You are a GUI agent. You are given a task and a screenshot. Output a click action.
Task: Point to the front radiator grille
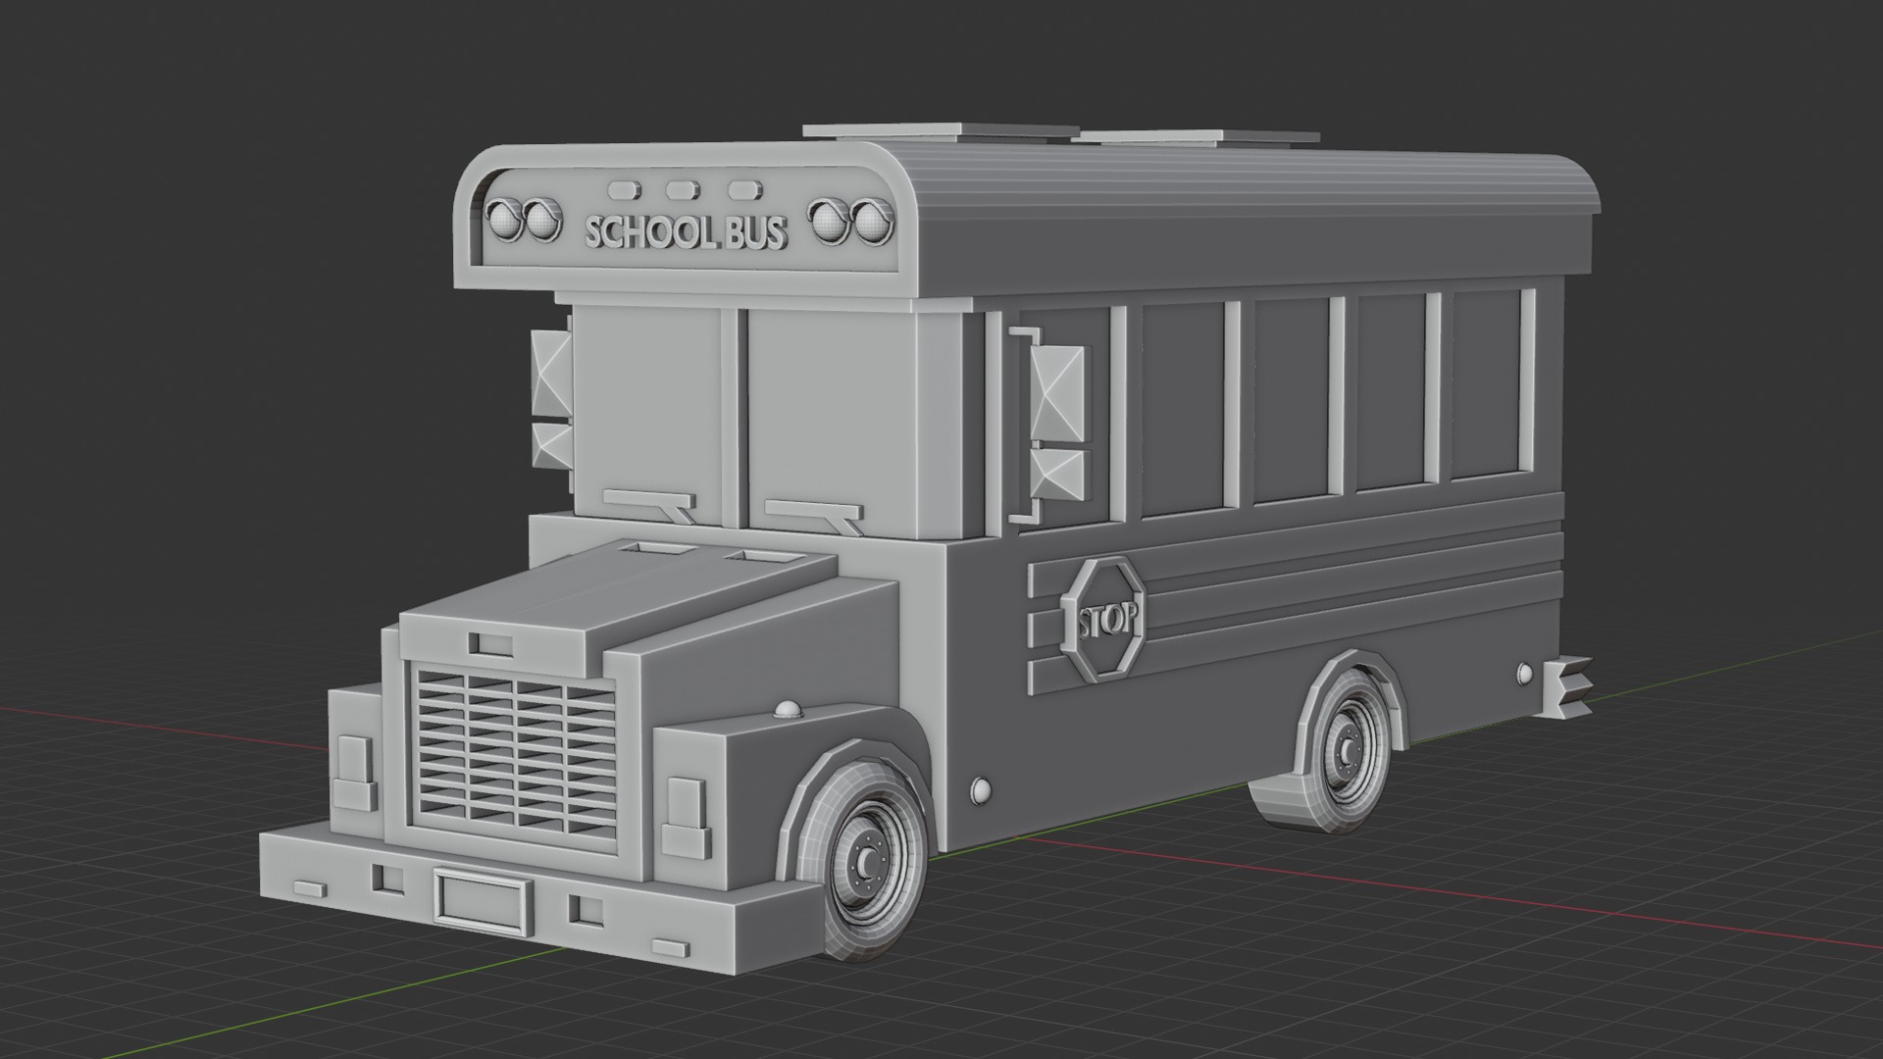[514, 751]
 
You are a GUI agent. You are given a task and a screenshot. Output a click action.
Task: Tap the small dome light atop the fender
[788, 710]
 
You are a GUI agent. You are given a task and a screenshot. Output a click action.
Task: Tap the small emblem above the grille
[489, 644]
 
